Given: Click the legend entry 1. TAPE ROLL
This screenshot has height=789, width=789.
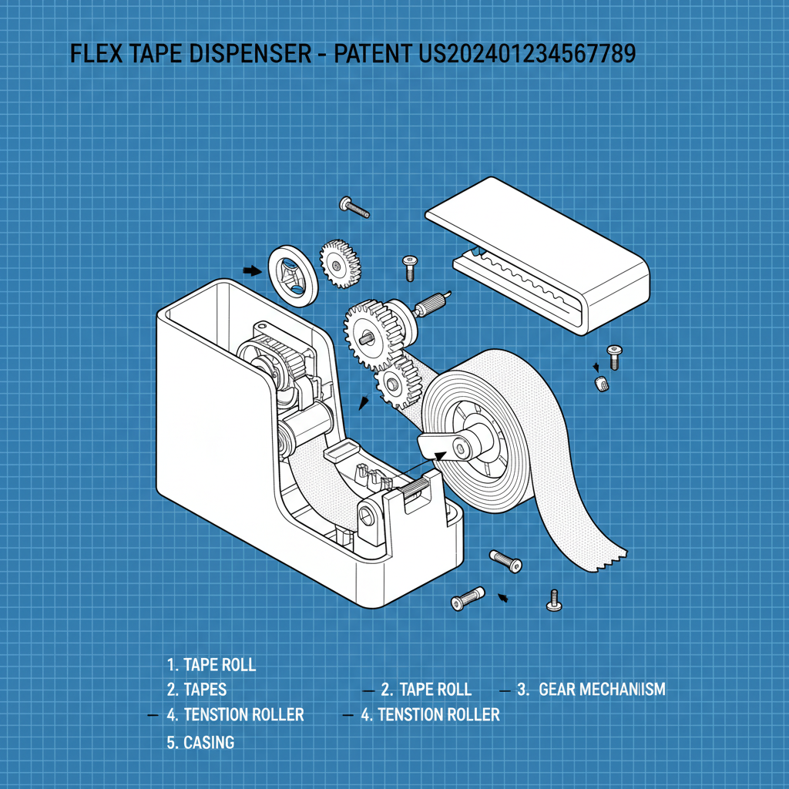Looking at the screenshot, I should pos(211,664).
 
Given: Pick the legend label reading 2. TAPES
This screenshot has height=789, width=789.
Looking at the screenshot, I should pos(196,689).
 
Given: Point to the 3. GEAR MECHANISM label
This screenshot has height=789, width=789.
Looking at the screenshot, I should pos(591,689).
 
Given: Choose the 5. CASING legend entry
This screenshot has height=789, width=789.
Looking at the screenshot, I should pos(200,743).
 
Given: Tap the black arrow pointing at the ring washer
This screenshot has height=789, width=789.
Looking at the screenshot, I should pos(252,270).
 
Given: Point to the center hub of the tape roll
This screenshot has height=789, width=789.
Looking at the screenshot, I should pos(465,445).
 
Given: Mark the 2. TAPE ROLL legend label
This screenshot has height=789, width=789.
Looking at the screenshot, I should pos(425,689).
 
